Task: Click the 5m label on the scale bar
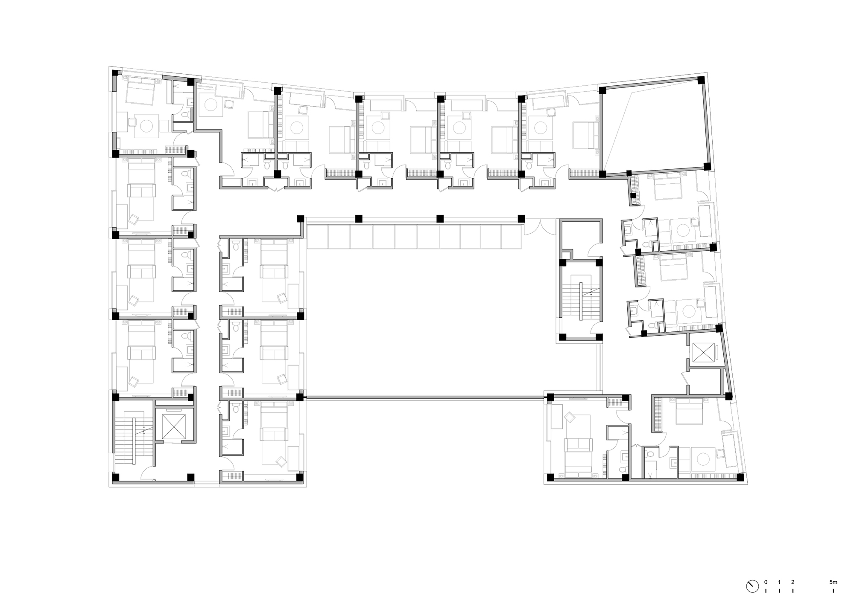833,582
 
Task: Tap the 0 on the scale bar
766,582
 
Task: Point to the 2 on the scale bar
793,582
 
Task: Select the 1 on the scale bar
779,582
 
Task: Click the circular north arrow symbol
752,586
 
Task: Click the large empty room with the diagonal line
653,128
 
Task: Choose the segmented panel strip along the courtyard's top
414,237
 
